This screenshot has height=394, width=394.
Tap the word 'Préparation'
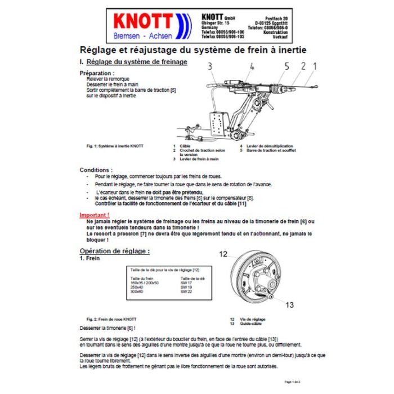[x=96, y=73]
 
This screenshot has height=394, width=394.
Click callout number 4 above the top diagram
[x=252, y=66]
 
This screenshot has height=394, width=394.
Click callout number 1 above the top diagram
[x=315, y=66]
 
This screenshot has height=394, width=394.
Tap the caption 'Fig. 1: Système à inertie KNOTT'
[x=111, y=146]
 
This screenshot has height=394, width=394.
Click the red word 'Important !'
[x=94, y=214]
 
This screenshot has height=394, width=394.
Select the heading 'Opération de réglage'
[x=114, y=250]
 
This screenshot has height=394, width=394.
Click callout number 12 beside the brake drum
[x=224, y=254]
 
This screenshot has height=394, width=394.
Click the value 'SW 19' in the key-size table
[x=185, y=286]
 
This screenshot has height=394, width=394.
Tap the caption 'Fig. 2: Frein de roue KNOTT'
[x=111, y=318]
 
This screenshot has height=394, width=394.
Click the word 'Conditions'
[x=95, y=169]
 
